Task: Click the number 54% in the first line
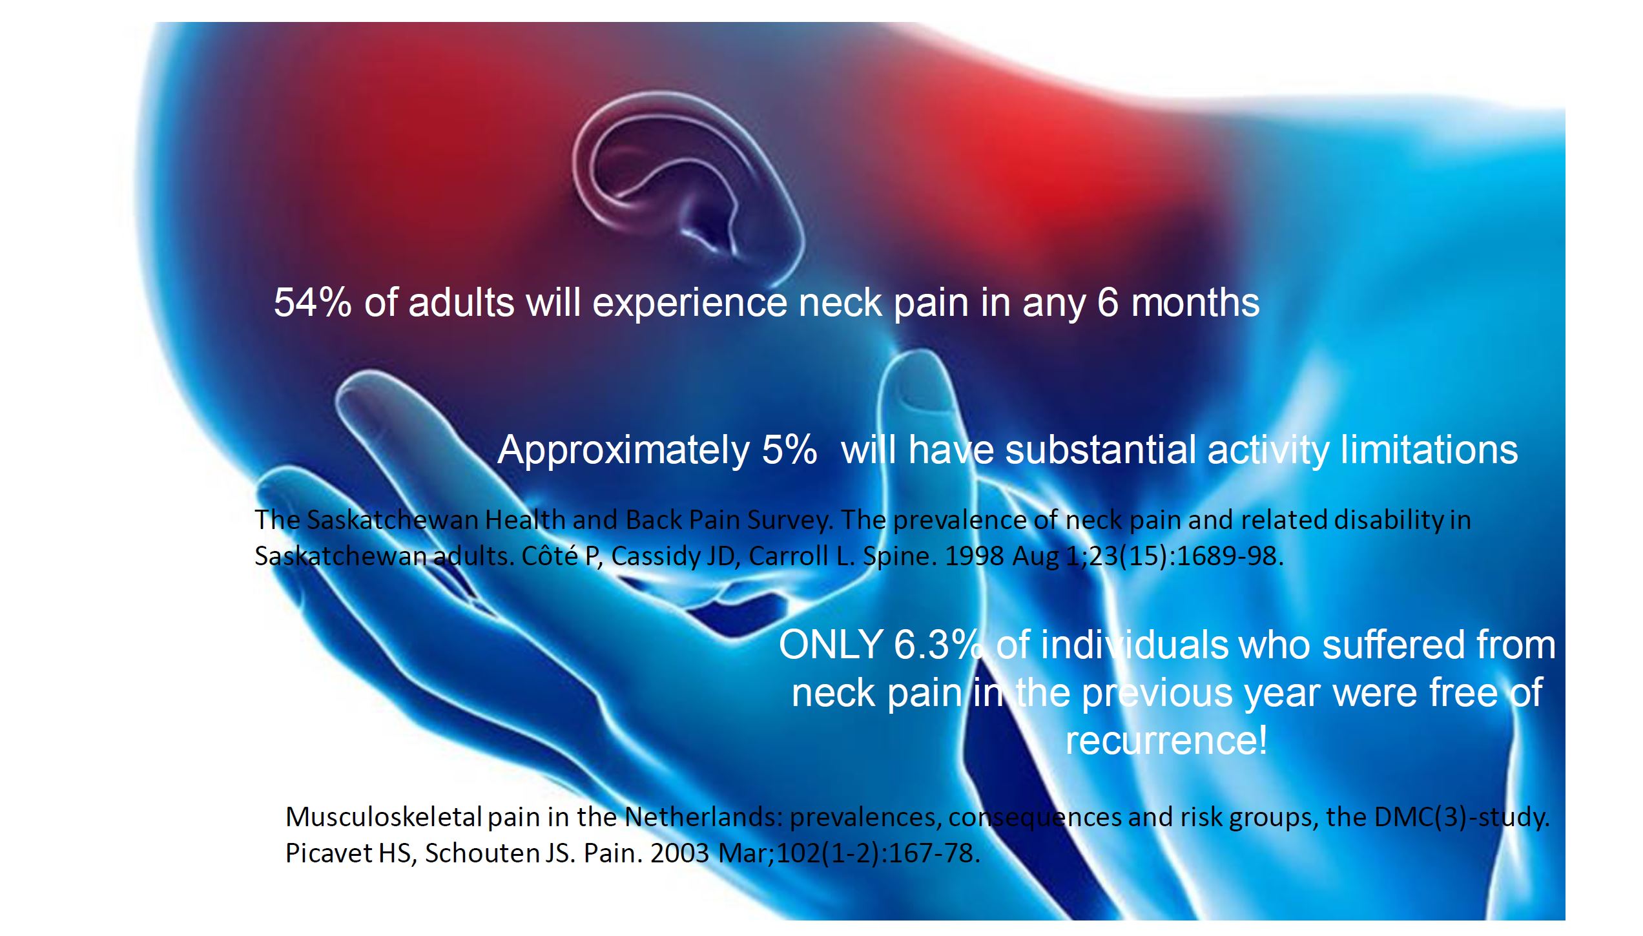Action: (x=313, y=302)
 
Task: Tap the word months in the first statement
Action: (x=1195, y=302)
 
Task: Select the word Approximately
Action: (x=623, y=451)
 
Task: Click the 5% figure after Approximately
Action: (x=789, y=450)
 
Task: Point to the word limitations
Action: (x=1429, y=450)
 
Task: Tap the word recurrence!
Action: (x=1166, y=740)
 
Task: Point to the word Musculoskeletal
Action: (x=384, y=817)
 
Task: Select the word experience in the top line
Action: (x=689, y=304)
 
